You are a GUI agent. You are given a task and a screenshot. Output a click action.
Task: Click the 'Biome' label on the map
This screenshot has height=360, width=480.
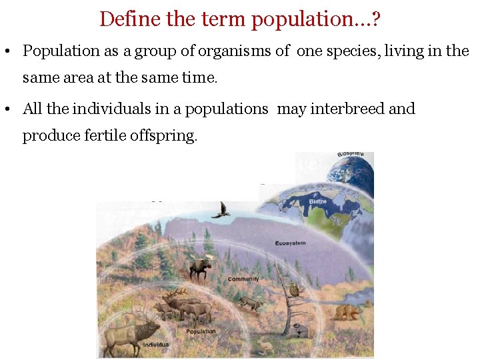(x=317, y=201)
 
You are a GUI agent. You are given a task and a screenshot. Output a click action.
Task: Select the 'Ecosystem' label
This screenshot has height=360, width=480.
(x=290, y=243)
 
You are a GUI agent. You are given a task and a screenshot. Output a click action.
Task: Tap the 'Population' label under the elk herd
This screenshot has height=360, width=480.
(x=201, y=331)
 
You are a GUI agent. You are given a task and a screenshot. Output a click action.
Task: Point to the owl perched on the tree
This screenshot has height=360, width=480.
(x=294, y=289)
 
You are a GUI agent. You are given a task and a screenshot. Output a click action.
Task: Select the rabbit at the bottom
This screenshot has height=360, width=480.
(x=266, y=347)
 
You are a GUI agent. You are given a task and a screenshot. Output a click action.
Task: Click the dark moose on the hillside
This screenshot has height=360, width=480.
(x=199, y=267)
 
